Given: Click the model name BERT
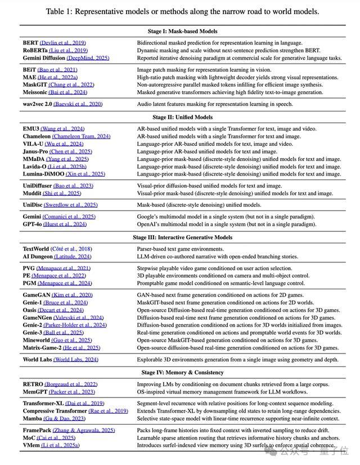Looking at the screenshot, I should [x=31, y=43].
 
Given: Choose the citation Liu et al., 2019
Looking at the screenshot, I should [x=68, y=51].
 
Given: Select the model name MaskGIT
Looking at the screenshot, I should [x=35, y=85].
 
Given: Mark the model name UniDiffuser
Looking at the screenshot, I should [x=37, y=186].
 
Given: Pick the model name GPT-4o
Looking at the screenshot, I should [x=33, y=224].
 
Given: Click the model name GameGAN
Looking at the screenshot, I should [x=37, y=295].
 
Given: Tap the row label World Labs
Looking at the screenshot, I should [x=37, y=359].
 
